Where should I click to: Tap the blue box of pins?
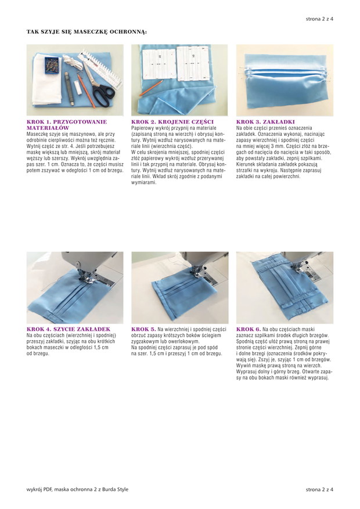click(x=52, y=65)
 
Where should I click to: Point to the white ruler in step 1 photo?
click(x=100, y=69)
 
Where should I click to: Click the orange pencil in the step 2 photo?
click(x=152, y=88)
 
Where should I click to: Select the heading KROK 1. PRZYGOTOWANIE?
click(x=67, y=122)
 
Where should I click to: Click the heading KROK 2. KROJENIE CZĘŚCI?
click(x=172, y=122)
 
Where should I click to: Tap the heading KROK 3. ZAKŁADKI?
click(x=265, y=122)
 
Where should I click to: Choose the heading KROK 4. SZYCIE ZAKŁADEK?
click(x=69, y=329)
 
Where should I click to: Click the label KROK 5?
click(x=143, y=329)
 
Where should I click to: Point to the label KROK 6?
click(x=249, y=329)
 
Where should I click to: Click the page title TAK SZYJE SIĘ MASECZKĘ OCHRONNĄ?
click(x=87, y=32)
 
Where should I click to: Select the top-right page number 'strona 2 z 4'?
click(x=319, y=19)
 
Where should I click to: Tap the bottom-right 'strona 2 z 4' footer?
click(x=319, y=489)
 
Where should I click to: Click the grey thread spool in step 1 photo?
click(x=69, y=89)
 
